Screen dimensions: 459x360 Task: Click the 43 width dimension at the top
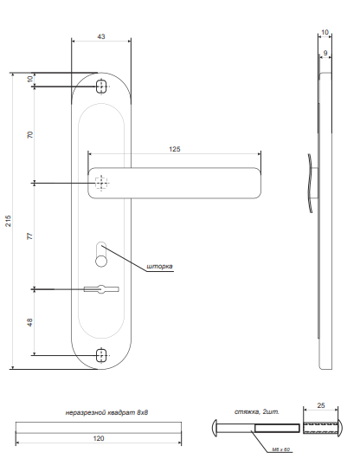101,36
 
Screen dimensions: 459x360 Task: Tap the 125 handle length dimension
175,150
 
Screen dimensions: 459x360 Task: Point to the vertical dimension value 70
29,135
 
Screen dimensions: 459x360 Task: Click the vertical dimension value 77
29,236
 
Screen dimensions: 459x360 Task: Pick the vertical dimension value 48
29,322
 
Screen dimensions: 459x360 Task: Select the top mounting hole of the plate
101,87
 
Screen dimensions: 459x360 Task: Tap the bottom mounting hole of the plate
101,355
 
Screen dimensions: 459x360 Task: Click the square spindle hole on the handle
101,183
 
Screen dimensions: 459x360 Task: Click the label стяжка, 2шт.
256,411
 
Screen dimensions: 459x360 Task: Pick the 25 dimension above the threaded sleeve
322,405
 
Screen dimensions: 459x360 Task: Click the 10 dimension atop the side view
325,32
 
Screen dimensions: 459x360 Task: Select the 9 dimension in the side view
325,53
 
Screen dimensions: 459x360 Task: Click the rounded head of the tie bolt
215,428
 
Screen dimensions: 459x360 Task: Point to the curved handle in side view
311,182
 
